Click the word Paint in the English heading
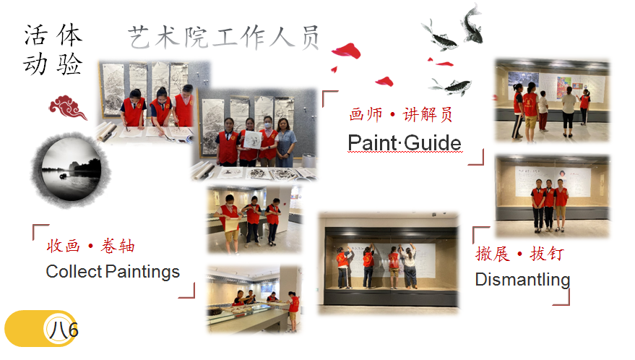tap(372, 142)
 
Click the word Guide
tap(433, 142)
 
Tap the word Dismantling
tap(522, 280)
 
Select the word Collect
tap(74, 272)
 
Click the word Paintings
tap(143, 272)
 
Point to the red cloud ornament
tap(68, 107)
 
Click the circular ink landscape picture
tap(71, 170)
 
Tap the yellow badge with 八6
tap(41, 328)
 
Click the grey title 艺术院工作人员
tap(224, 38)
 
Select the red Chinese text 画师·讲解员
tap(401, 115)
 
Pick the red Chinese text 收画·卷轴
tap(91, 246)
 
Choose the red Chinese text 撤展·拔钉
tap(519, 254)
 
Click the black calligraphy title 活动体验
tap(53, 49)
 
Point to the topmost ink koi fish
tap(472, 24)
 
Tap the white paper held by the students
tap(252, 139)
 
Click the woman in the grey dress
tap(285, 143)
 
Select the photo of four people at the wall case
tap(389, 262)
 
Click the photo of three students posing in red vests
tap(552, 195)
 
